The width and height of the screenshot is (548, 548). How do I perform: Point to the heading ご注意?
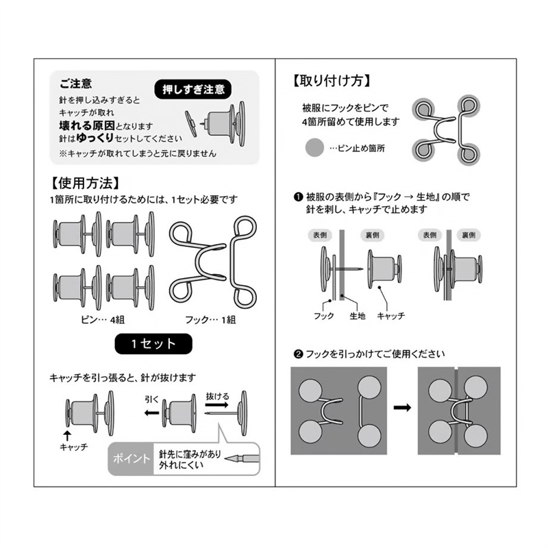click(75, 84)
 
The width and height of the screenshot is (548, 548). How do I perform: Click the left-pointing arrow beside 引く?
click(151, 413)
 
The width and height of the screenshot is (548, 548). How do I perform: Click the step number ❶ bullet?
click(298, 197)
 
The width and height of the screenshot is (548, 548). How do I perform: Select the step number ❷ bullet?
click(298, 355)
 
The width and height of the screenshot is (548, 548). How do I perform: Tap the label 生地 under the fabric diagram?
click(358, 315)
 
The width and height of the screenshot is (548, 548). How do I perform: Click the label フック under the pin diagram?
click(323, 315)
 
